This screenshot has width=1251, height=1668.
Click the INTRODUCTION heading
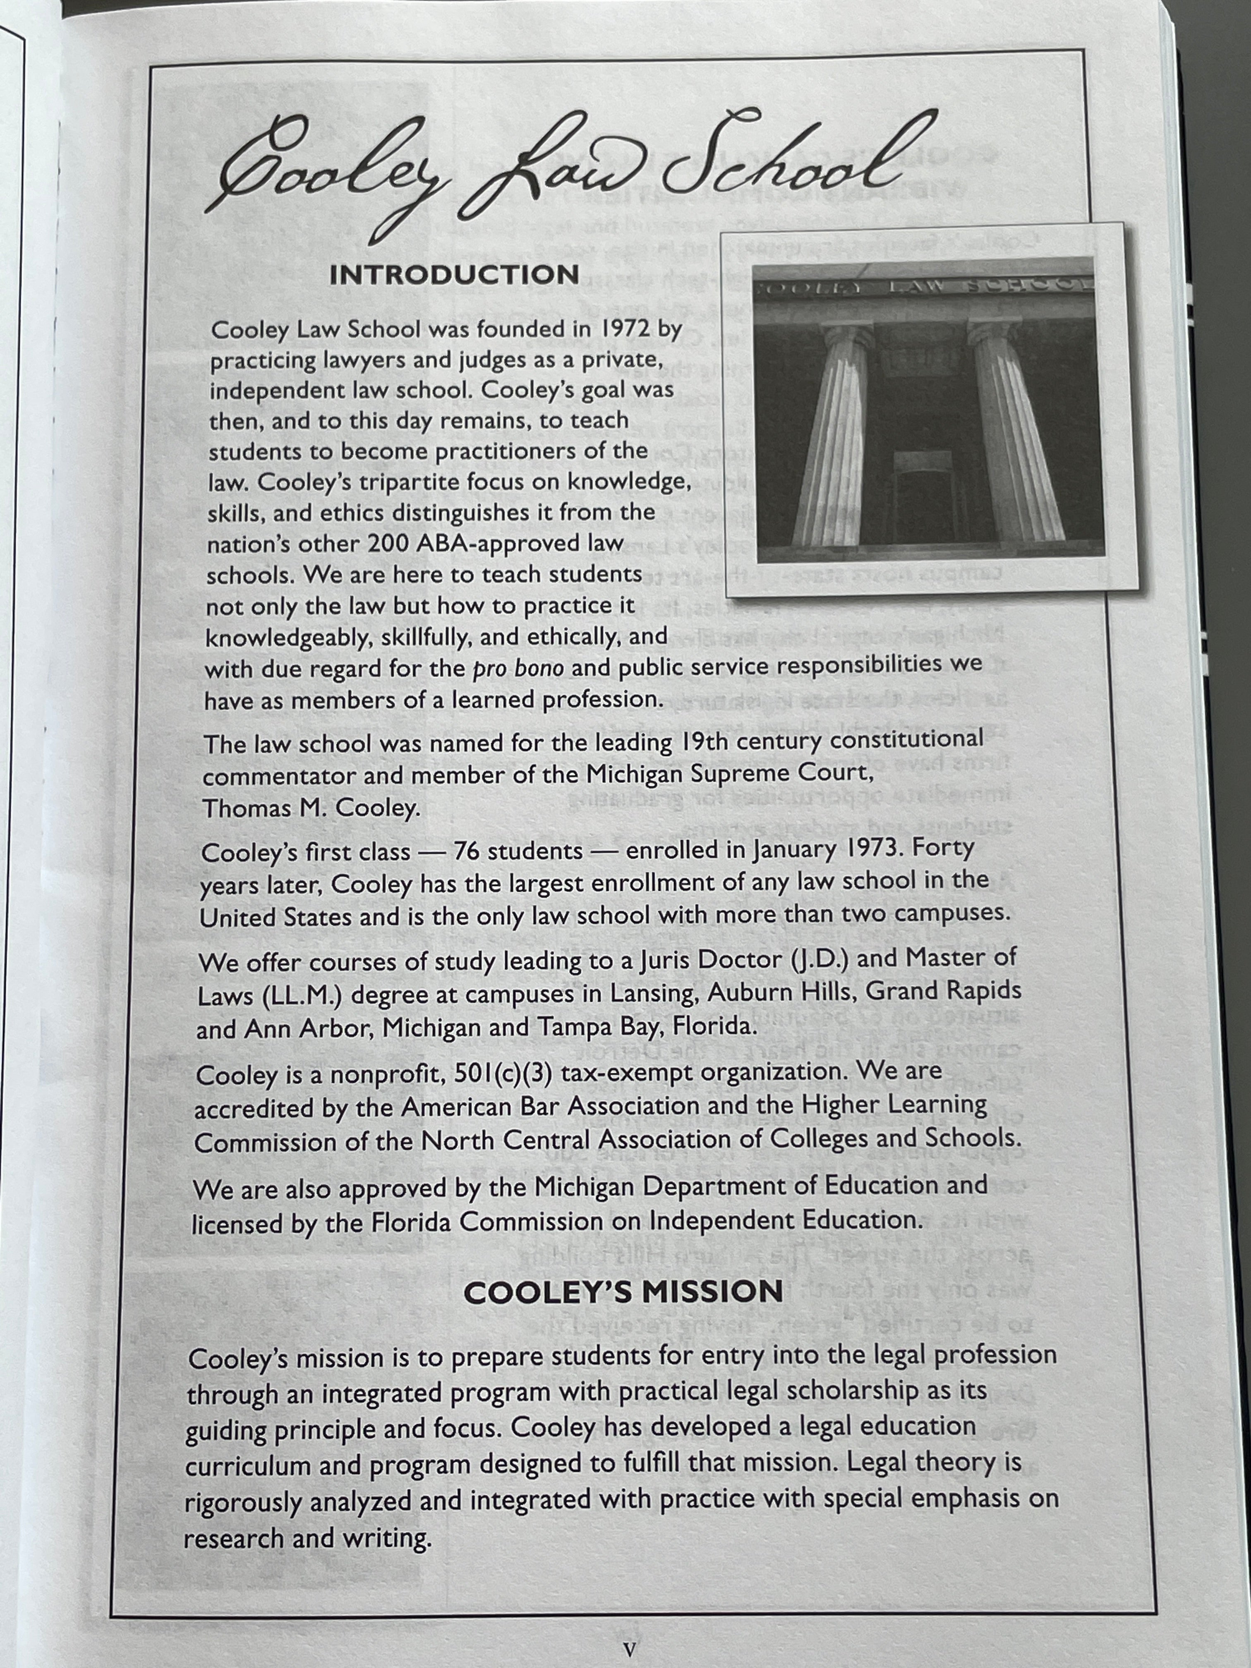tap(454, 274)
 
